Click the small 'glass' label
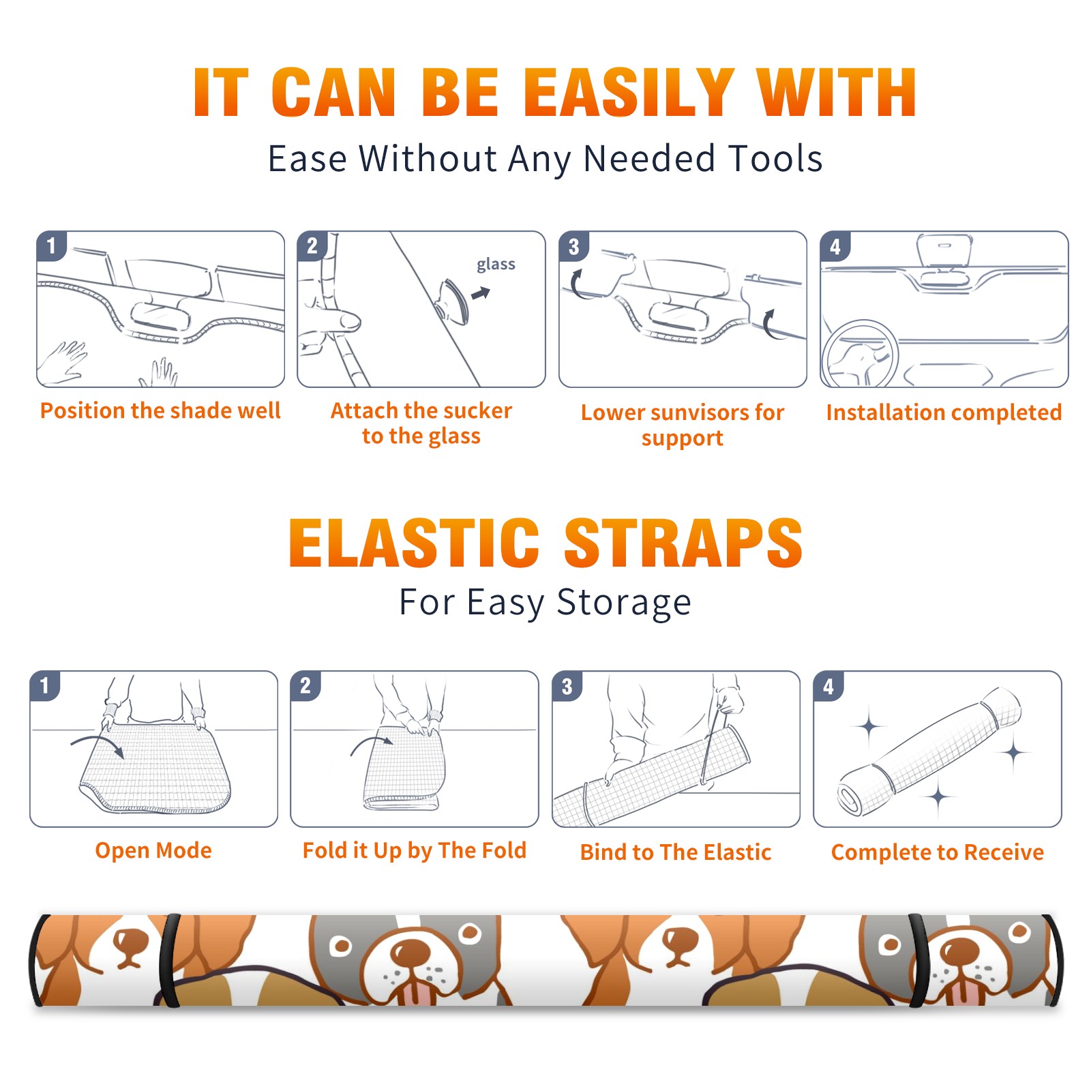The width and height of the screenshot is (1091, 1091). click(496, 265)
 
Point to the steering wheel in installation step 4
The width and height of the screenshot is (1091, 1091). click(859, 355)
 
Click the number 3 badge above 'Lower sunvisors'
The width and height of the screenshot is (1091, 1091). click(573, 246)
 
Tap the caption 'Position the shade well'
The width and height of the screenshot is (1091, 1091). click(160, 410)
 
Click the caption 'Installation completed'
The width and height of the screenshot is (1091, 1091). click(944, 412)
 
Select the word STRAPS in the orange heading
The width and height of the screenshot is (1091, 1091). click(683, 543)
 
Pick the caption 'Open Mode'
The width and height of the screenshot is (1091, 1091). click(153, 850)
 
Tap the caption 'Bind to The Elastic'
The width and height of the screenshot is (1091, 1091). click(675, 852)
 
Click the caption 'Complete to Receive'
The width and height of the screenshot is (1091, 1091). click(938, 852)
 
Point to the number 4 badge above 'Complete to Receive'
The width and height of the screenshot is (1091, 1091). click(828, 686)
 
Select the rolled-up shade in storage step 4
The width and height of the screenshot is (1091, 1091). click(929, 752)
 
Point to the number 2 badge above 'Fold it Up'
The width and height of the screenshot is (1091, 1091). click(305, 686)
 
